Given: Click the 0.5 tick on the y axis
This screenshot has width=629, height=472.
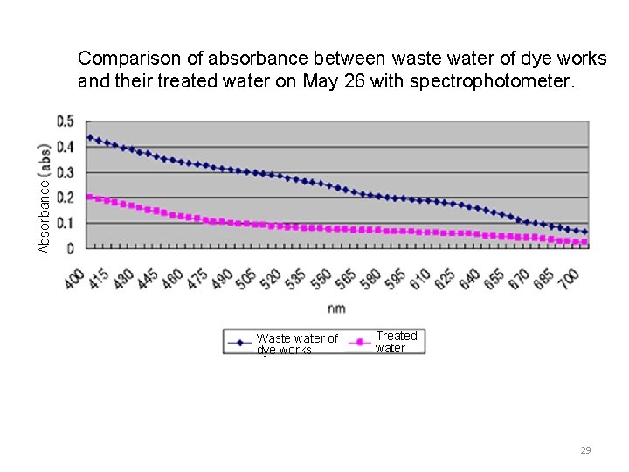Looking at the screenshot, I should [66, 121].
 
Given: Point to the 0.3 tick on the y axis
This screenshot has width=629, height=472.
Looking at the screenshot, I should [66, 172].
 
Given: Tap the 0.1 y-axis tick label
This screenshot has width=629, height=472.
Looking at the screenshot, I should [66, 223].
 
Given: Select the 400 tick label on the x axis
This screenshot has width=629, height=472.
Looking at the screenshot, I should [74, 279].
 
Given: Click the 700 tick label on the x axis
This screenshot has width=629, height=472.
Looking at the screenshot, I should [569, 279].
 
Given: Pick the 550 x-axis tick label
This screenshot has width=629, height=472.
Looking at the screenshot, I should [321, 279].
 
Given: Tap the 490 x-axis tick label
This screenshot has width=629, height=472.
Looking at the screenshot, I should [223, 279].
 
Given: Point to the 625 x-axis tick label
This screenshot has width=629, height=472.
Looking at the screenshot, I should [446, 279].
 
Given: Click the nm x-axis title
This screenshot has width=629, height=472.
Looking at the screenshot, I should [336, 309].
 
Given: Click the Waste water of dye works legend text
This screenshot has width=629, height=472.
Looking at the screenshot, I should [297, 344].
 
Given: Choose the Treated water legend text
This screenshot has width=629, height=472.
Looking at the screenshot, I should [397, 342].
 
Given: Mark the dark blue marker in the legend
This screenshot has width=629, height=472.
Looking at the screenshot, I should [238, 344].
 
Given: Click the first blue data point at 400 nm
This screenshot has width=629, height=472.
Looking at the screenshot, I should [90, 137].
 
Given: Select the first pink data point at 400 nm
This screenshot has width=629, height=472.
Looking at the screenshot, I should [90, 197].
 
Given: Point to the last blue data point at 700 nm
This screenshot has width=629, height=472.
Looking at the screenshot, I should [584, 232].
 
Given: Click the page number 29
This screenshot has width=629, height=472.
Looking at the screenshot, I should [585, 450].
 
